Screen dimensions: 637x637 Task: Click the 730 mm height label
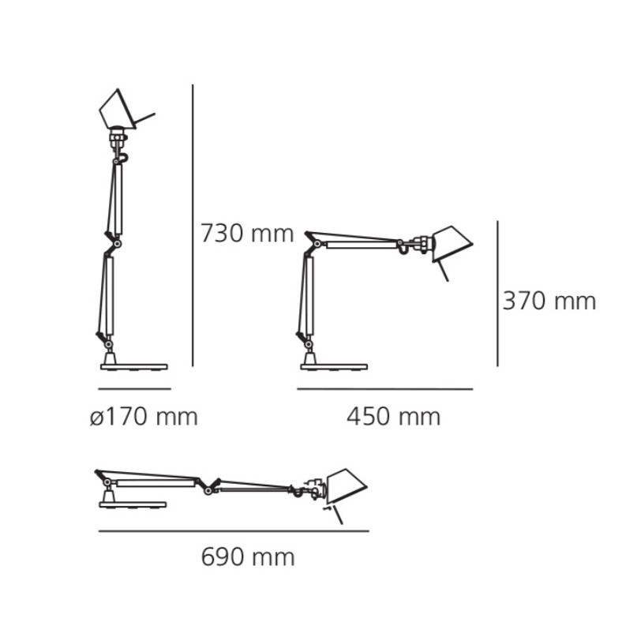pos(246,234)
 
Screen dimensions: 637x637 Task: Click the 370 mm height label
pos(549,301)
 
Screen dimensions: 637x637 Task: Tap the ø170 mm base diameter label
pos(143,416)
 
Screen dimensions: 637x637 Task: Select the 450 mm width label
pos(393,416)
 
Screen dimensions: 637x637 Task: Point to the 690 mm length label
pos(247,557)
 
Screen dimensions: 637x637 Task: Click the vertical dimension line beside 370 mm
pos(497,294)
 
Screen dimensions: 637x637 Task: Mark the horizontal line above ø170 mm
pos(134,389)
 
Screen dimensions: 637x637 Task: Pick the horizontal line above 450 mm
pos(384,389)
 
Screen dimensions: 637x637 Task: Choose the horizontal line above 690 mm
pos(234,531)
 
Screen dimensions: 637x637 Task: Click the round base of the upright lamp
pos(134,365)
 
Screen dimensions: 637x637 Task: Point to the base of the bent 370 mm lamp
pos(334,365)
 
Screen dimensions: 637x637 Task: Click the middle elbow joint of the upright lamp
pos(114,243)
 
